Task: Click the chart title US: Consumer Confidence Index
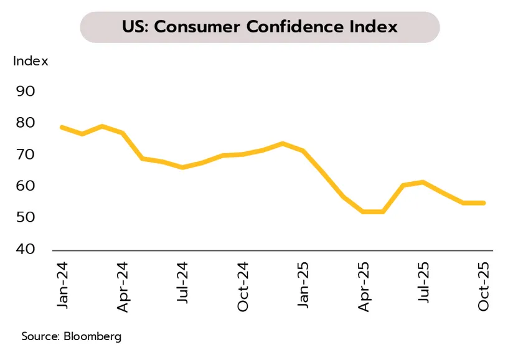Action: coord(260,27)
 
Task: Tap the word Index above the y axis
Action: coord(31,61)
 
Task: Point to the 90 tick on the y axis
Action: coord(25,91)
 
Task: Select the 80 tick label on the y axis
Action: coord(25,123)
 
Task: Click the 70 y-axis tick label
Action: coord(25,154)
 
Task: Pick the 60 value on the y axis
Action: coord(25,186)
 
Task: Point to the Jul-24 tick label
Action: coord(182,283)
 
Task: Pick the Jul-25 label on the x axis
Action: coord(424,283)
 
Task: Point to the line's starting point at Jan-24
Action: coord(62,127)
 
